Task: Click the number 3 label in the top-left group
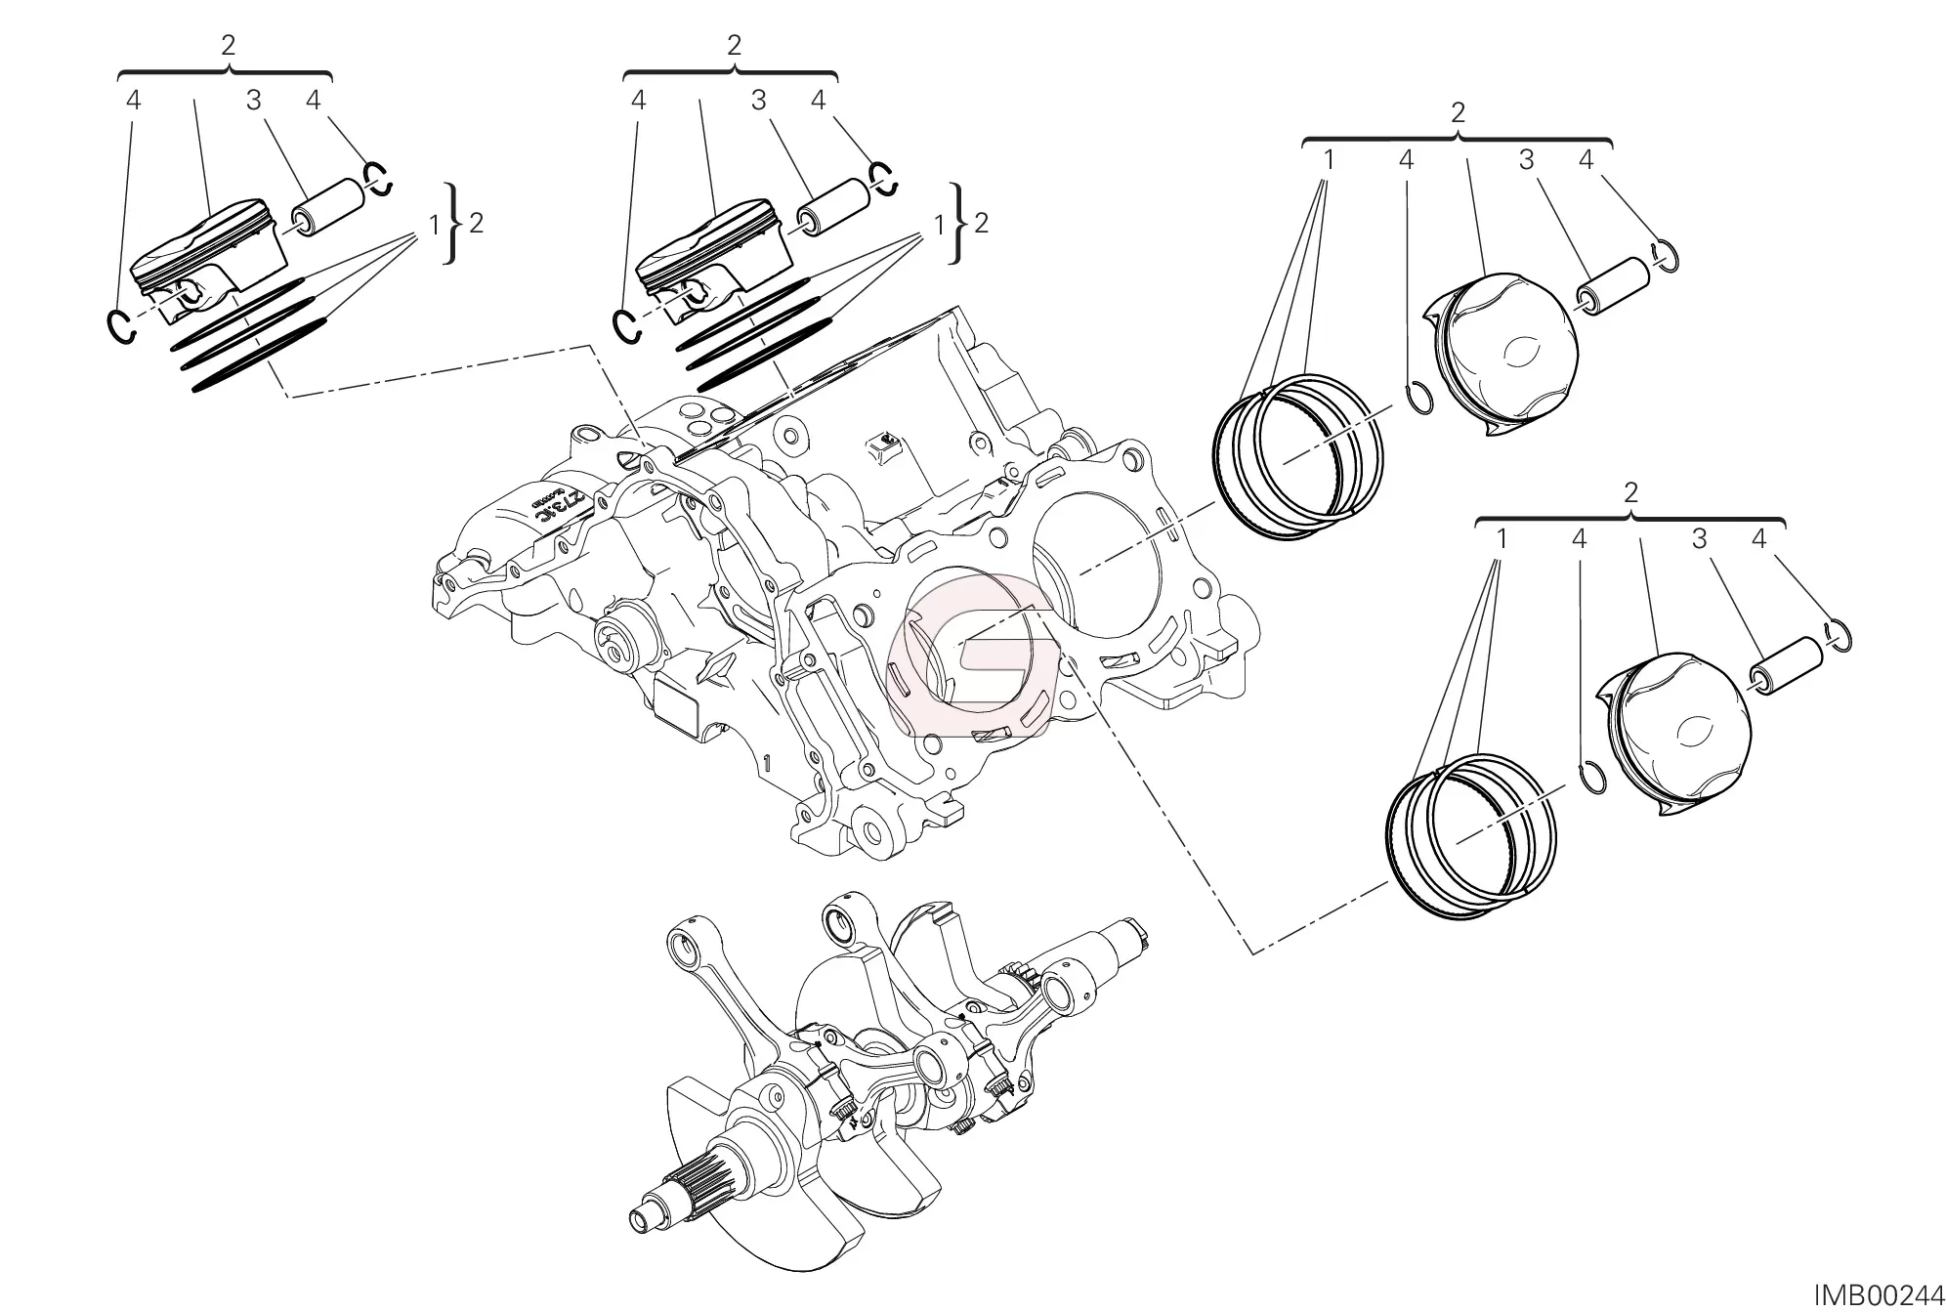tap(254, 100)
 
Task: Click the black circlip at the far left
tap(119, 325)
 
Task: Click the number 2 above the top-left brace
tap(229, 45)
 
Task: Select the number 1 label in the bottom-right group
tap(1502, 538)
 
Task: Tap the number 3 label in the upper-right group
tap(1526, 160)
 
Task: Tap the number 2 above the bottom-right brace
tap(1629, 492)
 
